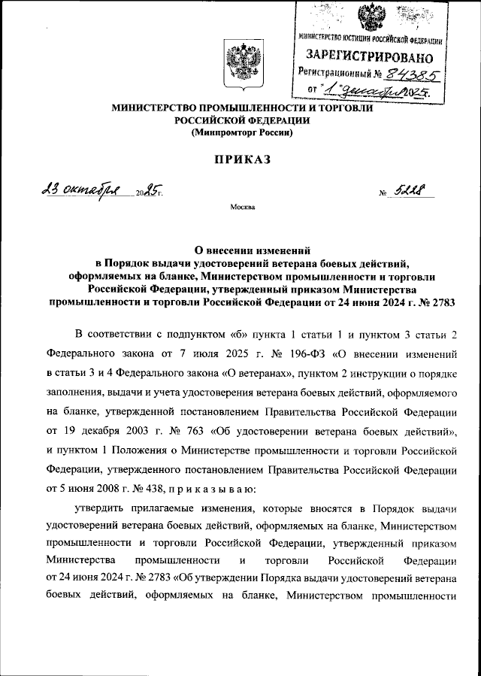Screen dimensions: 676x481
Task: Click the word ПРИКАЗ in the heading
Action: (x=241, y=160)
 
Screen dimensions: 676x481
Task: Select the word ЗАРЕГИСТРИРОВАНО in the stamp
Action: (x=368, y=56)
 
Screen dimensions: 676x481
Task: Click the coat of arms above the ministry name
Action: (x=241, y=65)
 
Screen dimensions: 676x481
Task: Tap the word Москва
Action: (x=241, y=205)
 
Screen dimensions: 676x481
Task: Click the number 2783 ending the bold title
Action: (x=443, y=302)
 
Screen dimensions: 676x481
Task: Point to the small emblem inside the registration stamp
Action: (x=368, y=17)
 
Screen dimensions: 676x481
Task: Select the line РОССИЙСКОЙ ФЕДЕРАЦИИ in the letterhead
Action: (x=241, y=120)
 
